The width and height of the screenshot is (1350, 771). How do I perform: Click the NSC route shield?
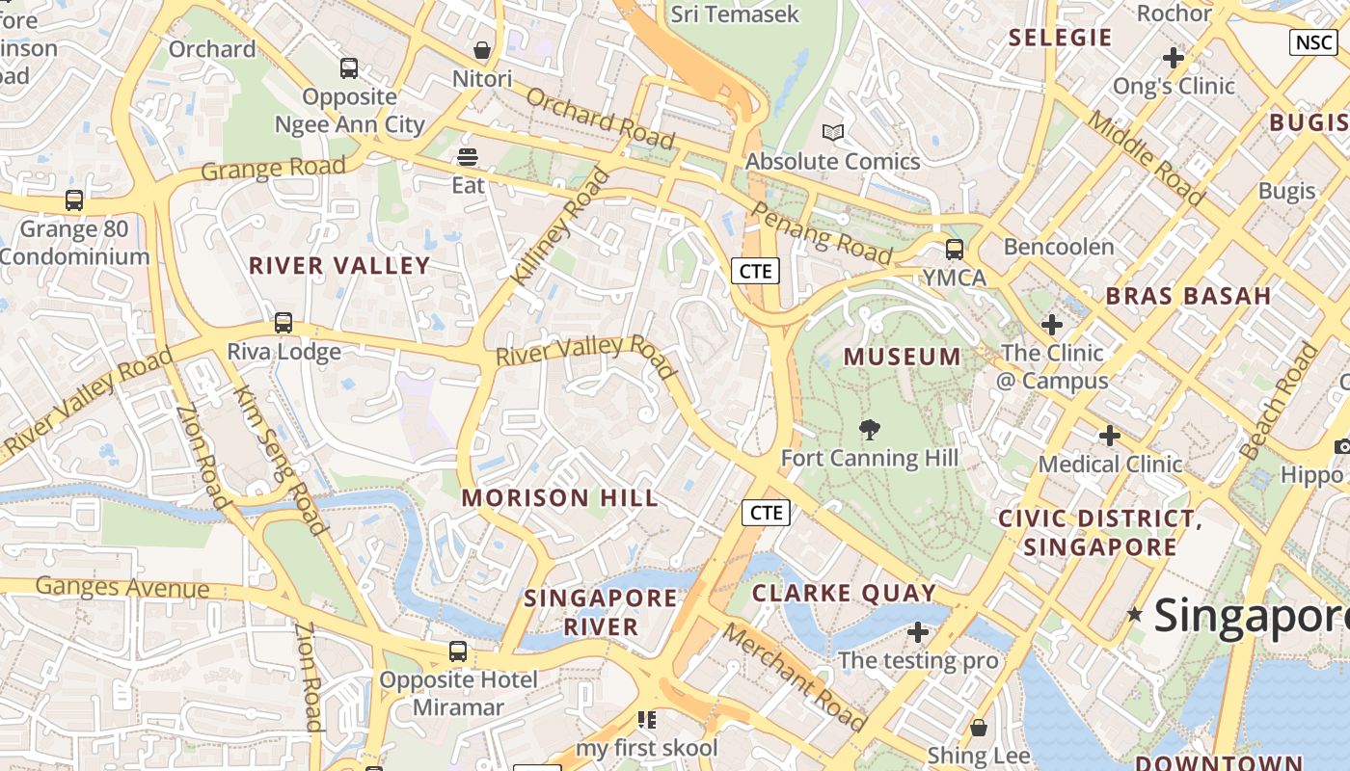pyautogui.click(x=1313, y=42)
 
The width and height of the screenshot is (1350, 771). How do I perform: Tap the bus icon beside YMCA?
pyautogui.click(x=955, y=250)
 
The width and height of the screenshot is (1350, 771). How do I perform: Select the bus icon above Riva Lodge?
pyautogui.click(x=283, y=323)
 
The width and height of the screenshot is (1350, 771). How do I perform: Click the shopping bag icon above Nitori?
pyautogui.click(x=482, y=50)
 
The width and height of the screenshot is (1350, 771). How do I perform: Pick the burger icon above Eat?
pyautogui.click(x=469, y=156)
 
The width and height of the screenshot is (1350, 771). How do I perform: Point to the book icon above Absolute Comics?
pyautogui.click(x=833, y=132)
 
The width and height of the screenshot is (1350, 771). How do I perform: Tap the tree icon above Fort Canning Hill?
pyautogui.click(x=870, y=430)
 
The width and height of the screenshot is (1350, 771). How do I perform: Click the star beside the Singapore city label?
pyautogui.click(x=1135, y=614)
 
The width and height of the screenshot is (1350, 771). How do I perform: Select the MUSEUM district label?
pyautogui.click(x=903, y=358)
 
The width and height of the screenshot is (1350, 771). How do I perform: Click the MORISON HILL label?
pyautogui.click(x=560, y=498)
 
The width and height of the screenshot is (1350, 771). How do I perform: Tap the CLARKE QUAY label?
pyautogui.click(x=844, y=593)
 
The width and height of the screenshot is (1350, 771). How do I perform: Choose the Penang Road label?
pyautogui.click(x=821, y=232)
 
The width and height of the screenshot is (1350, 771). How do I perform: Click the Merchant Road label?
pyautogui.click(x=795, y=676)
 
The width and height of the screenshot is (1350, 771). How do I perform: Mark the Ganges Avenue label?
pyautogui.click(x=122, y=587)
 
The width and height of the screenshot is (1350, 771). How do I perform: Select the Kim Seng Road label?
pyautogui.click(x=279, y=459)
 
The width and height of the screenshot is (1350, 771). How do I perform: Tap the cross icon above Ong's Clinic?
pyautogui.click(x=1174, y=58)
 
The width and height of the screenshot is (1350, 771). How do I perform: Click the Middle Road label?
pyautogui.click(x=1147, y=157)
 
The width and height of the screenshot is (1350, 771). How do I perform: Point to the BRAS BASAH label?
pyautogui.click(x=1188, y=296)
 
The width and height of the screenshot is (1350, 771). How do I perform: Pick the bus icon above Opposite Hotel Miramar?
pyautogui.click(x=458, y=651)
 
